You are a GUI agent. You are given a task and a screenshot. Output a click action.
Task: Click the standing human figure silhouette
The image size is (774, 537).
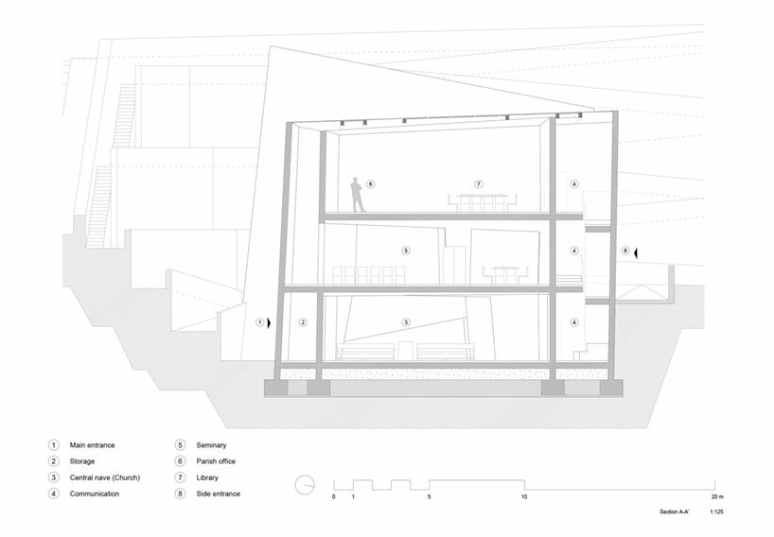point(358,195)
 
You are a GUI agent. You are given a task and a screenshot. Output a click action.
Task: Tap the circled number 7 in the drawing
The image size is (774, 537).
point(478,184)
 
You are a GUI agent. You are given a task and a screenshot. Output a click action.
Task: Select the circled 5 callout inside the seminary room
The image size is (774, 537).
point(406,251)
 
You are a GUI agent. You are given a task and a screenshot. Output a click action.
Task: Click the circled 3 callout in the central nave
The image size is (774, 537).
point(406,322)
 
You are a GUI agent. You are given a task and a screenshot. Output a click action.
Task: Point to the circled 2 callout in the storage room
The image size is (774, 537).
point(303,322)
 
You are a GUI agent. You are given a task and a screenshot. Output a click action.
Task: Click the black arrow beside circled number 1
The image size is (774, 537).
point(269,323)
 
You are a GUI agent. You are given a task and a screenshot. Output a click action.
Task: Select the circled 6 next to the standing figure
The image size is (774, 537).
point(370,184)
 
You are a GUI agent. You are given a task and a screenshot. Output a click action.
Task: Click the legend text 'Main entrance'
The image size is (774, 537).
point(93,444)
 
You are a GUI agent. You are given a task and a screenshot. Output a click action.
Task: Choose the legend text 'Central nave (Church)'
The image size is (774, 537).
point(105,477)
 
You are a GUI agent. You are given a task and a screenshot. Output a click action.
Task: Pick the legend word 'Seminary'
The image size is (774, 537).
point(211,444)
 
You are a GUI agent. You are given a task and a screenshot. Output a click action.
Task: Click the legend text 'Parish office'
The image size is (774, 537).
point(216,461)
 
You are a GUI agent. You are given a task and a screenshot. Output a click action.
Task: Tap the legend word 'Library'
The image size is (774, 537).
point(207,477)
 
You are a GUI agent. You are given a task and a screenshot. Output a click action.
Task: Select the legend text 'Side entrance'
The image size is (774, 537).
point(219,494)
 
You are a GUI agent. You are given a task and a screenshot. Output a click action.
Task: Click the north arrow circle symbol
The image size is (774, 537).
point(305,485)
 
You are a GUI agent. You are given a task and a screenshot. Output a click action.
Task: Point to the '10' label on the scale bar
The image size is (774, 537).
point(524,496)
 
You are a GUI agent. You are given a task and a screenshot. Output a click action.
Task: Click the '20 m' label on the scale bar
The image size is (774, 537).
point(718,496)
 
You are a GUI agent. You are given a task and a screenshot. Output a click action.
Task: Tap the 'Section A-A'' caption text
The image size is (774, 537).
point(675,511)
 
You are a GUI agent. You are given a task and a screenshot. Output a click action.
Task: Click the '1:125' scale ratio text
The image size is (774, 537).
point(716,511)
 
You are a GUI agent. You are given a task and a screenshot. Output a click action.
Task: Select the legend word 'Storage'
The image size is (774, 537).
point(82,461)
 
